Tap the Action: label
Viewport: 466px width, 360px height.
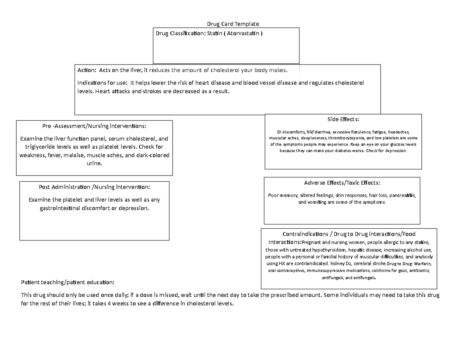[x=87, y=70]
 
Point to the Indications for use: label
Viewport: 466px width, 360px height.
[x=103, y=83]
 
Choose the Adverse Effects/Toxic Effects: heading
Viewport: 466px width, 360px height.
[x=342, y=183]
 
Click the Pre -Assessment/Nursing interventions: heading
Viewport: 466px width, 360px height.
[x=94, y=126]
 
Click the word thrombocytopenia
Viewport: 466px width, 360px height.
[x=346, y=138]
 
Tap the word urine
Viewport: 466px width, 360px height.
[x=94, y=163]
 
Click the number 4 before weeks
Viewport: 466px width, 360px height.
[x=109, y=303]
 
